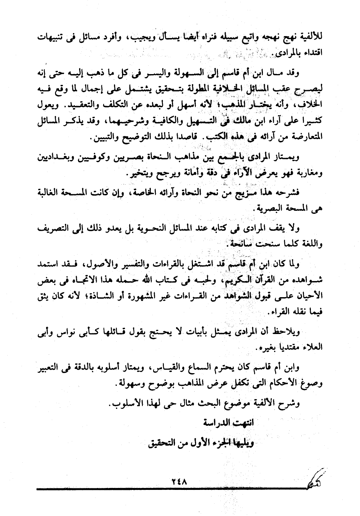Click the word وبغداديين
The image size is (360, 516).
[56, 157]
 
